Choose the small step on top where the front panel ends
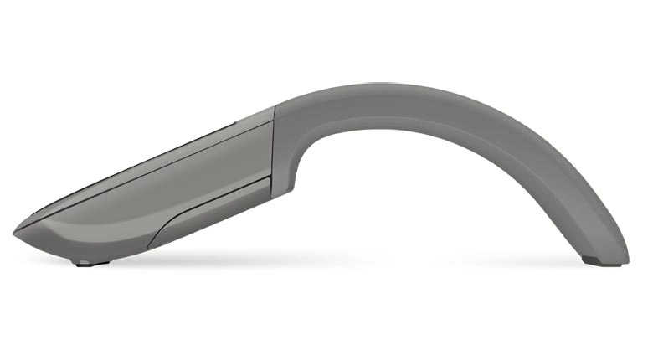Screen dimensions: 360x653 tap(274, 110)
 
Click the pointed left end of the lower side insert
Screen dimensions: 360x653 tap(151, 246)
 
